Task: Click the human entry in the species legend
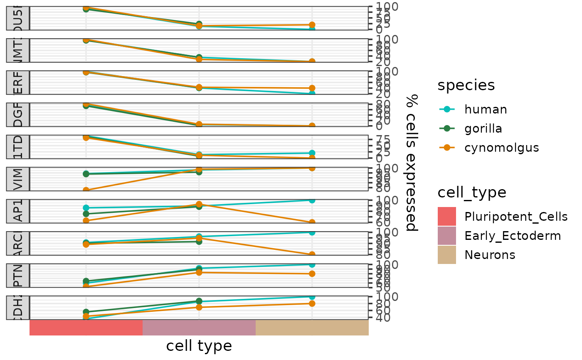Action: (486, 109)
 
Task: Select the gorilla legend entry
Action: (483, 128)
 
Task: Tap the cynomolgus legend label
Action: (501, 148)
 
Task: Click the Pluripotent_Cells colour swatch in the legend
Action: (447, 216)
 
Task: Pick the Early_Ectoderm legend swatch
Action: (447, 236)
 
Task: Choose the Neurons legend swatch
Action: (447, 254)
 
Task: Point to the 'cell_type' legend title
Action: (472, 192)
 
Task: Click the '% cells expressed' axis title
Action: (412, 162)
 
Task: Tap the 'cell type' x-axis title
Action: (199, 346)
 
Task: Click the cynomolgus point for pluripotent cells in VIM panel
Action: (86, 190)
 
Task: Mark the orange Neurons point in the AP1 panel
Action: (312, 222)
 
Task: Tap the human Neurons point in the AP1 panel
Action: (312, 200)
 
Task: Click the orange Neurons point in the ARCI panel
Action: (312, 254)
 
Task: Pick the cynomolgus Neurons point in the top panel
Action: (312, 25)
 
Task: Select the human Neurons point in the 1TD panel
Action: (312, 153)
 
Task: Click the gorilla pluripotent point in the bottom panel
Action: (86, 312)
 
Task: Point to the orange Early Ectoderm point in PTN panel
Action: (199, 272)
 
